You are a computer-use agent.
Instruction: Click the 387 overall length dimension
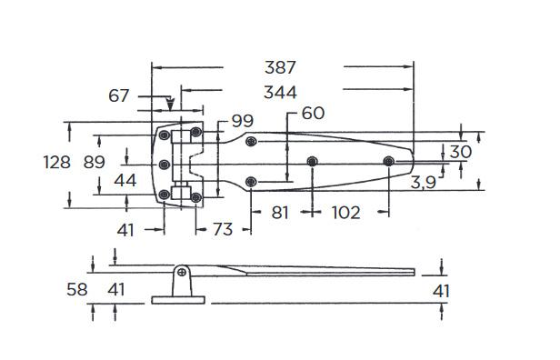point(280,67)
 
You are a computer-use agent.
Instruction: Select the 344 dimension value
point(280,92)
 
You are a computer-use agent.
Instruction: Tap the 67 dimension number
point(118,95)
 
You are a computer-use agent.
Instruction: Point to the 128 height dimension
point(56,162)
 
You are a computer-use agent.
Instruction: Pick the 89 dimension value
point(95,162)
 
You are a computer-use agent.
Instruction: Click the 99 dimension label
point(243,121)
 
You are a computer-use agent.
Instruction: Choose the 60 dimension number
point(314,113)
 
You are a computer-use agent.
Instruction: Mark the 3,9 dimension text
point(424,183)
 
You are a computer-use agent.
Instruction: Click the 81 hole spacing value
point(280,213)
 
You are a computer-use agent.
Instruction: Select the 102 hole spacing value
point(346,213)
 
